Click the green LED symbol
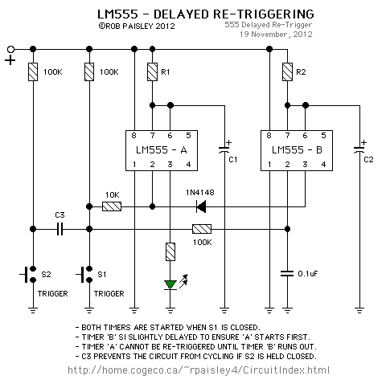tap(170, 284)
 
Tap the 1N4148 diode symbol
tap(201, 206)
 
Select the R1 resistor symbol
tap(152, 71)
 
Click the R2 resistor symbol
tap(287, 71)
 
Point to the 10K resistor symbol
tap(112, 206)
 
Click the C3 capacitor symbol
tap(60, 229)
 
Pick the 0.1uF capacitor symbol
tap(287, 274)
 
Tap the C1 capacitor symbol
tap(224, 150)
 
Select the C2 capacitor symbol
tap(359, 150)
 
